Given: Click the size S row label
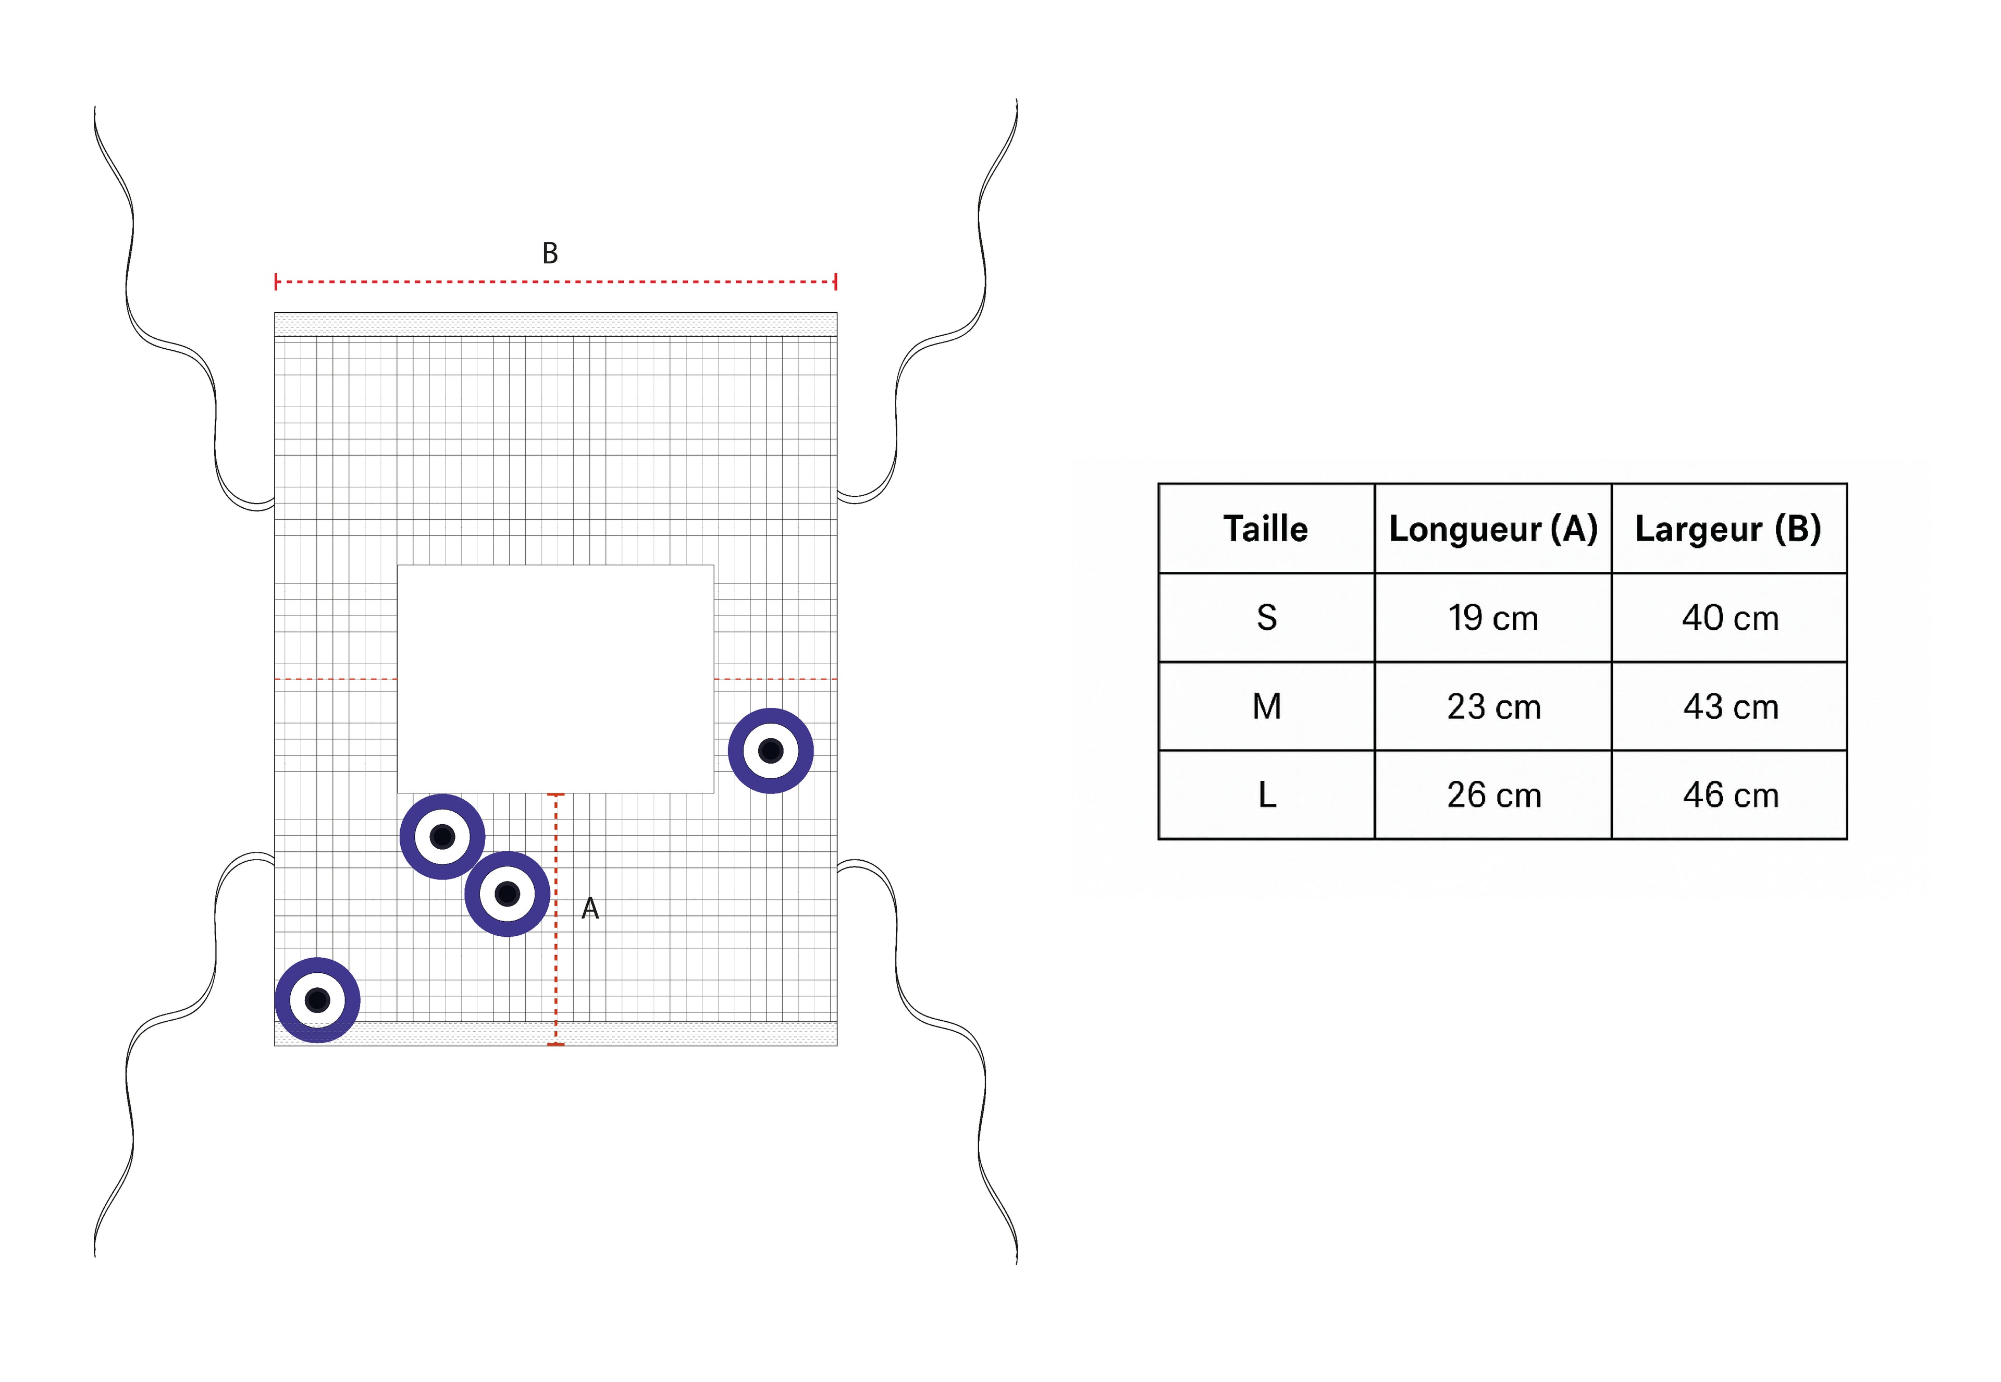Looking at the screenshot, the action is tap(1266, 617).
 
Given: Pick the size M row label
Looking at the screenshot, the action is tap(1266, 706).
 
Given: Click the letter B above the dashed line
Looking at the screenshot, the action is tap(550, 253).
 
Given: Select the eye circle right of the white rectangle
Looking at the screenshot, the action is tap(770, 751).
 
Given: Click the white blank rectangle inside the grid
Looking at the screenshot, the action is tap(555, 679).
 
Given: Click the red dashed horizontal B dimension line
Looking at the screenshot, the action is tap(555, 282).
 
